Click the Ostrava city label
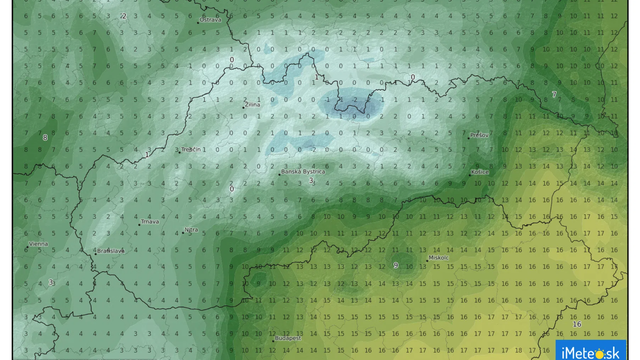[210, 19]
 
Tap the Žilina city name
[254, 103]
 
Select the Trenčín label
[192, 149]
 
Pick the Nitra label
[191, 229]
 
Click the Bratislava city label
[109, 250]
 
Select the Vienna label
[38, 243]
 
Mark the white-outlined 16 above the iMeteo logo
[577, 325]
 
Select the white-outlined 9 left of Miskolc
[396, 265]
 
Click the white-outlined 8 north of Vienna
[45, 137]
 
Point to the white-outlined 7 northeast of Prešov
[553, 95]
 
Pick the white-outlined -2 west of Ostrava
[122, 17]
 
